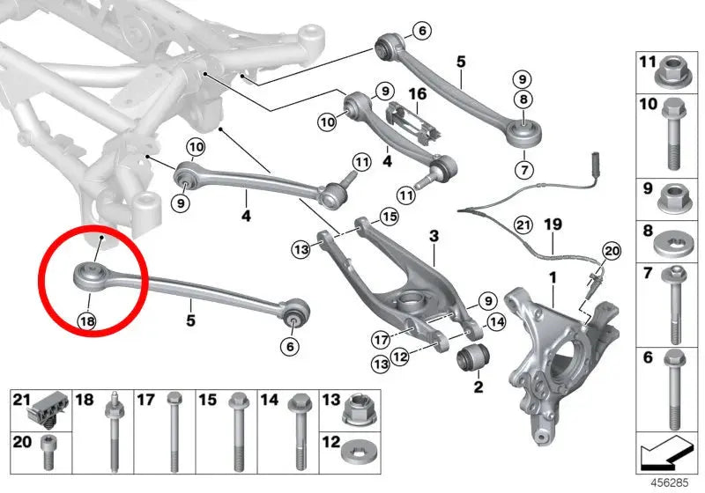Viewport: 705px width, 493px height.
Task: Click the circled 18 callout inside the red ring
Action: point(87,320)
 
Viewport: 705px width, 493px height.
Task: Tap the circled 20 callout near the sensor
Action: point(611,251)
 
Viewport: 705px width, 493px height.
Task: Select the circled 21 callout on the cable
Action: point(523,224)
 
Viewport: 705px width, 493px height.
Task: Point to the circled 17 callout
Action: point(381,340)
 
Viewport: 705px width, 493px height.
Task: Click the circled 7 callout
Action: point(524,170)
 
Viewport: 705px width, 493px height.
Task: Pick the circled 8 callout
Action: point(523,99)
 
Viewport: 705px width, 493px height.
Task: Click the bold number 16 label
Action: point(417,94)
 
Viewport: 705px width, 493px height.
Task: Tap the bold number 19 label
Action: point(553,224)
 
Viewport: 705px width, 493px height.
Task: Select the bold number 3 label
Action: point(434,236)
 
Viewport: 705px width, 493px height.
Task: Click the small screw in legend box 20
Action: point(48,453)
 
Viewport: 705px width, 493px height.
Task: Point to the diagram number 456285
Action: point(670,483)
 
